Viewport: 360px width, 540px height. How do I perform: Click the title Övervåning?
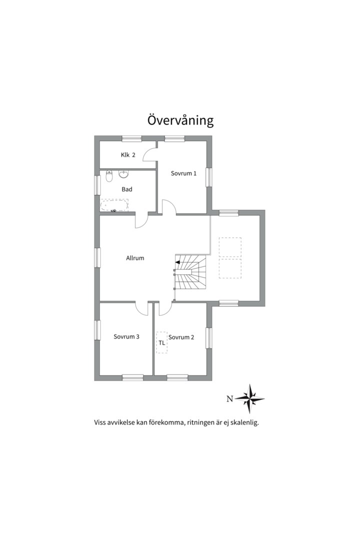click(x=180, y=120)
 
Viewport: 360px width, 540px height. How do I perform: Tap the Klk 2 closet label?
click(x=128, y=155)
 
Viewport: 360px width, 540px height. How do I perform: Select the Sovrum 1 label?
click(x=183, y=173)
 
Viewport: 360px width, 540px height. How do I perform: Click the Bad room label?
click(x=127, y=189)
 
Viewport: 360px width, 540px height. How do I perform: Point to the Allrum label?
click(x=135, y=258)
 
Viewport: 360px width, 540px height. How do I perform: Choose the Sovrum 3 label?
click(x=126, y=336)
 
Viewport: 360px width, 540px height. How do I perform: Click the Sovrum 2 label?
click(x=181, y=337)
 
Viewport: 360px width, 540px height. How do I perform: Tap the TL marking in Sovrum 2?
click(x=161, y=343)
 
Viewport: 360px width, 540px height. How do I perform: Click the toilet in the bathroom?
click(x=109, y=176)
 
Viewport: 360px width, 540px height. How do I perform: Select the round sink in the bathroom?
click(x=123, y=174)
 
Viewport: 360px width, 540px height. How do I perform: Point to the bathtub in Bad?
click(x=114, y=205)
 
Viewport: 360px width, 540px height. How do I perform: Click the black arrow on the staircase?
click(x=177, y=262)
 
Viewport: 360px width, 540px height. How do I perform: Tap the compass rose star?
click(x=251, y=399)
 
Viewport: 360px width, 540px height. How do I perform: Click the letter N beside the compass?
click(x=230, y=399)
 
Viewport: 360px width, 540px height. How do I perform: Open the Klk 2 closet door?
click(x=150, y=154)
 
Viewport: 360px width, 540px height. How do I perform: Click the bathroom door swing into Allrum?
click(x=141, y=221)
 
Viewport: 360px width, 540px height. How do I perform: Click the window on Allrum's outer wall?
click(x=97, y=257)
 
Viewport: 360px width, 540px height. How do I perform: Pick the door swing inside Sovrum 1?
click(x=169, y=206)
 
